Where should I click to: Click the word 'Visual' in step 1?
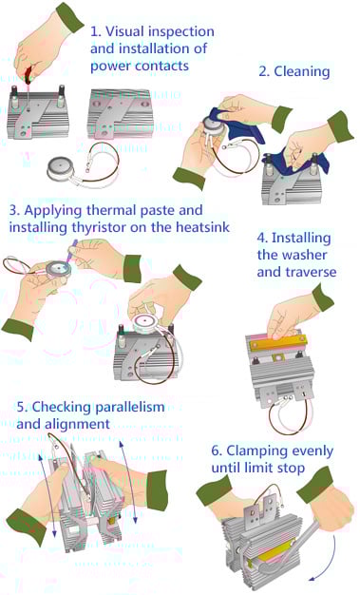pos(123,31)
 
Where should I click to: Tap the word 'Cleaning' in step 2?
pos(301,71)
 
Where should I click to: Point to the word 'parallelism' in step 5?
pos(130,407)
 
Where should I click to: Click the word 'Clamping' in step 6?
pos(253,451)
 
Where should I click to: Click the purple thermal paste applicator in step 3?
pos(72,250)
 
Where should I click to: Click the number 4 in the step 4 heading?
pos(261,238)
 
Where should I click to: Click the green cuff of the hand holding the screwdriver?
pos(69,17)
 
